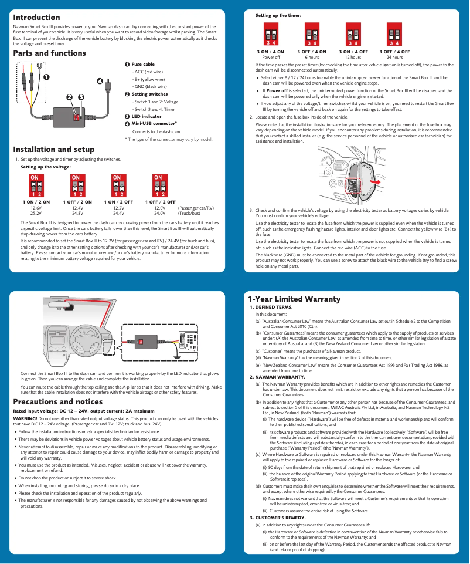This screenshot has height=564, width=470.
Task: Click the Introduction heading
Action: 36,18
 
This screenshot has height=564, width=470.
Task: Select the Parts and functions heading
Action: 49,53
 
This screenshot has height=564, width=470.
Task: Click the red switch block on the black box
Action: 76,117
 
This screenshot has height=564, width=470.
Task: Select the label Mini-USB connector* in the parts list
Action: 154,124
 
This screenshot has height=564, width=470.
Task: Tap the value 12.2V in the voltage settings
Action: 118,208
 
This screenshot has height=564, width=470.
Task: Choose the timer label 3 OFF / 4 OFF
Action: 394,52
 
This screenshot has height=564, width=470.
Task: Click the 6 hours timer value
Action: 312,58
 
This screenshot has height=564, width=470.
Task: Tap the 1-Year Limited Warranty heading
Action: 294,299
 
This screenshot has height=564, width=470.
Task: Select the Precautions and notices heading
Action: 57,402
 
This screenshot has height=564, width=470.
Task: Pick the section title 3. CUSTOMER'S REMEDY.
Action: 278,518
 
